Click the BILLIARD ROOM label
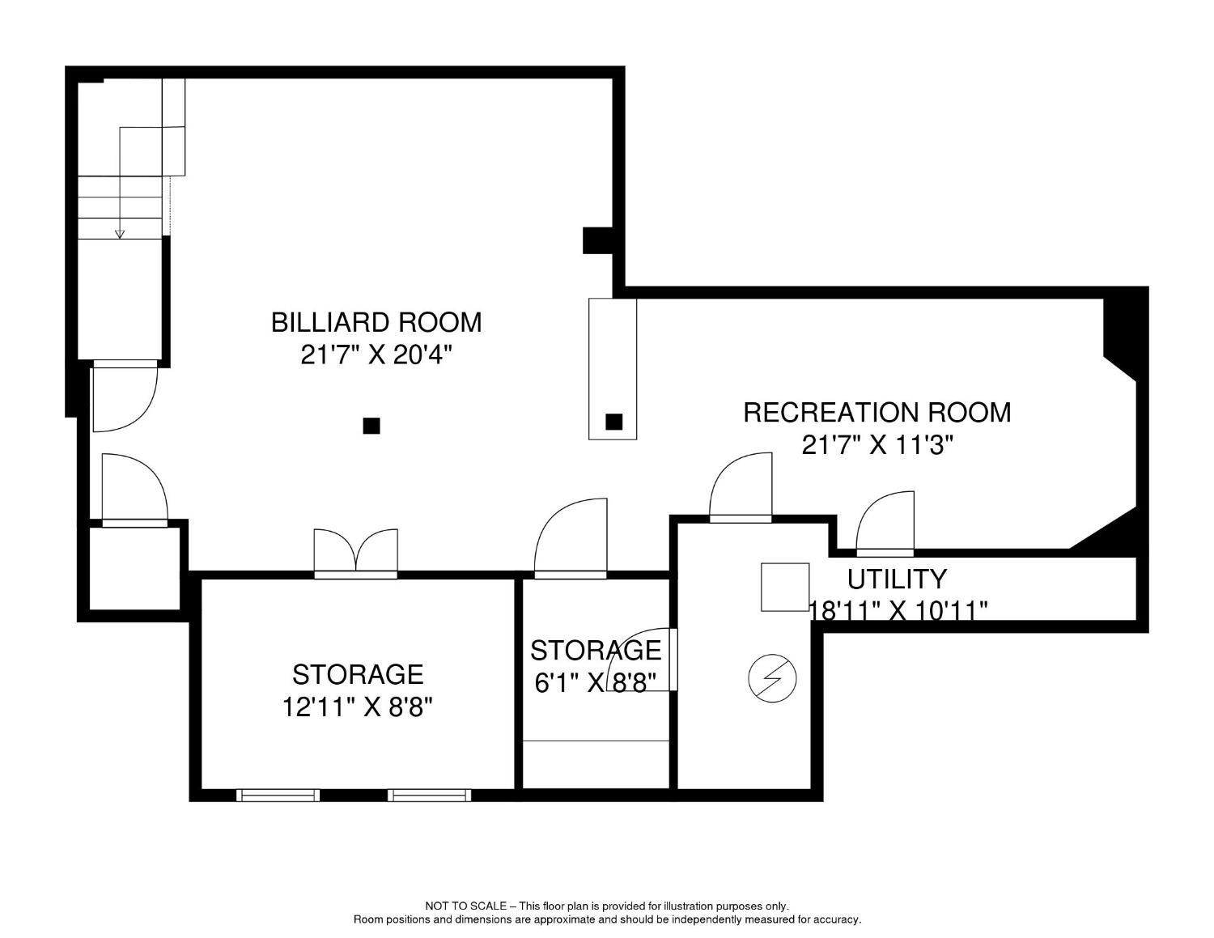coord(376,322)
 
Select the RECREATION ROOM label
coord(877,412)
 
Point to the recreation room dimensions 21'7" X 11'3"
coord(877,445)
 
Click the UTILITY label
coord(897,579)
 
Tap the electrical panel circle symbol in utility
coord(773,678)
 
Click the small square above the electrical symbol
coord(785,587)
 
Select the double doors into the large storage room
coord(356,554)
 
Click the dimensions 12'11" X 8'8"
coord(358,707)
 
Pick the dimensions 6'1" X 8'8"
coord(594,683)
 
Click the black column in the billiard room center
coord(371,426)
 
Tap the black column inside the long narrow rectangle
coord(614,422)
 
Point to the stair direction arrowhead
coord(120,234)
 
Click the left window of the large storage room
coord(278,796)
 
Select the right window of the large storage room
coord(430,796)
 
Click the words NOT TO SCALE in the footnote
coord(465,906)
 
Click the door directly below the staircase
coord(123,397)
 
